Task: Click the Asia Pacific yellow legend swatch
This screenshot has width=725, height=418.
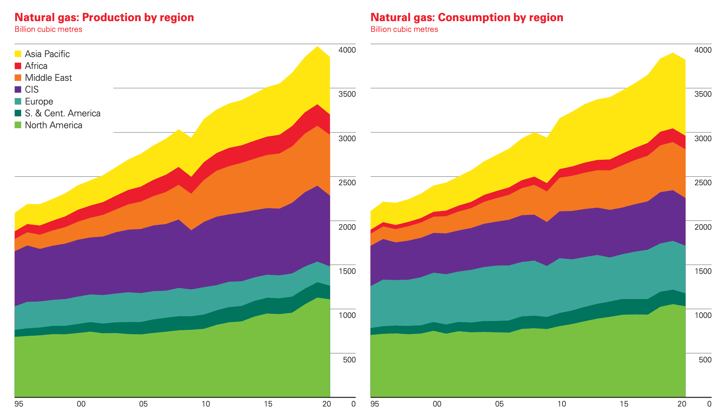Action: click(x=18, y=54)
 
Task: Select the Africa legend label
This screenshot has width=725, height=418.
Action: click(x=36, y=66)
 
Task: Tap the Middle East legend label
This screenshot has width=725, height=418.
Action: click(x=48, y=78)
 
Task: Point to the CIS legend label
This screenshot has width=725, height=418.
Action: click(x=32, y=90)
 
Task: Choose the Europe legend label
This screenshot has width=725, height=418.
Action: click(x=39, y=102)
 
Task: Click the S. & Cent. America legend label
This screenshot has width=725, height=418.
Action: click(x=62, y=113)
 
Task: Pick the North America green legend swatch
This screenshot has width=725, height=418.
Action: click(x=18, y=125)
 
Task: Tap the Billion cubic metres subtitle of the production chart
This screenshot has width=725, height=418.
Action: click(x=48, y=29)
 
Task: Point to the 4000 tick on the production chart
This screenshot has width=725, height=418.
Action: click(x=347, y=50)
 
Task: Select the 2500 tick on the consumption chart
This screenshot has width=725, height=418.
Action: click(x=703, y=183)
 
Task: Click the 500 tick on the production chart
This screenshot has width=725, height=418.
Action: click(x=349, y=360)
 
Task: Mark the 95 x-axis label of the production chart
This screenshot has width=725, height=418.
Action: click(x=19, y=404)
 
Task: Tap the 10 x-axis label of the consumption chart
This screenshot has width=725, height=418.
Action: click(x=562, y=404)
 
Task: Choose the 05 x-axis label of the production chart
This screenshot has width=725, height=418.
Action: click(x=143, y=404)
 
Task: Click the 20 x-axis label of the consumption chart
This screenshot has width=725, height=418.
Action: click(x=682, y=404)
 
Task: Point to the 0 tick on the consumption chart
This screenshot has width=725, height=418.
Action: click(x=709, y=404)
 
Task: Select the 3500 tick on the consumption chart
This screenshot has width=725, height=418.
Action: click(x=703, y=94)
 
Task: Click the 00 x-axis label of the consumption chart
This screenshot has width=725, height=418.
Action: click(x=437, y=404)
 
